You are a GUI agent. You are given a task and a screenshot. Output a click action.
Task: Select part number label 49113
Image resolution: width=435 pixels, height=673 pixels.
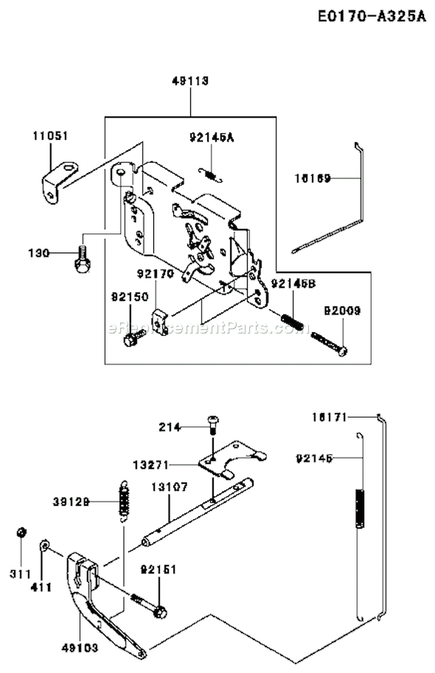tap(190, 81)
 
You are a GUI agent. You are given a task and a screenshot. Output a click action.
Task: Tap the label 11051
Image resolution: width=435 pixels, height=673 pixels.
tap(49, 136)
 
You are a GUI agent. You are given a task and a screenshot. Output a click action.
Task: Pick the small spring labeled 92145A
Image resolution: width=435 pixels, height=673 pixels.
tap(209, 173)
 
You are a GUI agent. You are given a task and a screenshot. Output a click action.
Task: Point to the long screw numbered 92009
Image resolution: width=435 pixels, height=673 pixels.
tap(329, 343)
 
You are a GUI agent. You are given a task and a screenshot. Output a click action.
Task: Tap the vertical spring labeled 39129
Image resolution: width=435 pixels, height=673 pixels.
tap(124, 499)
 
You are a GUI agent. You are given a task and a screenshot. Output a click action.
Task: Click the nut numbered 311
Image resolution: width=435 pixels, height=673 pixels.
tap(21, 532)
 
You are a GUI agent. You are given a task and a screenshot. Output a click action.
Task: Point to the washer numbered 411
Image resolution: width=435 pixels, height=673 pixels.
tap(45, 545)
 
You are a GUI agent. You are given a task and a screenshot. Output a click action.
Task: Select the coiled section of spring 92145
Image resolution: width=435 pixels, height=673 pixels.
tap(360, 508)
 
